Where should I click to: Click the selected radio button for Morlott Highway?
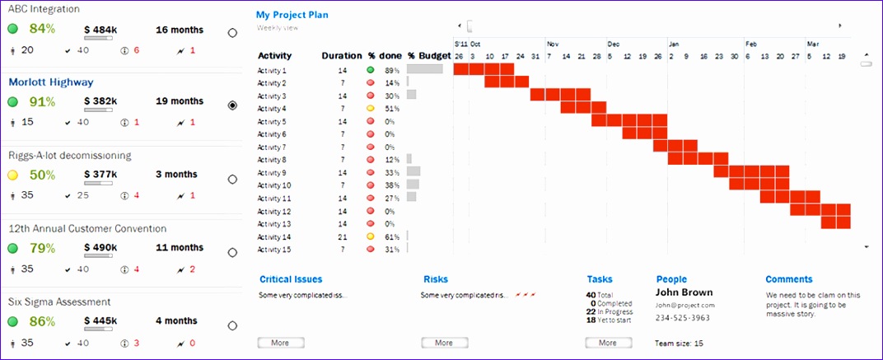click(232, 105)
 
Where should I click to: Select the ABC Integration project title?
click(44, 9)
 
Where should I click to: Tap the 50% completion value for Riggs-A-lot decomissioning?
click(42, 175)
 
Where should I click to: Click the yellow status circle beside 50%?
click(13, 175)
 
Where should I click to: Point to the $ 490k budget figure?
click(100, 247)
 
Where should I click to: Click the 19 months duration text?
click(180, 101)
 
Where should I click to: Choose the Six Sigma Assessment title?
click(59, 302)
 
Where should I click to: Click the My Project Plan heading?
click(292, 15)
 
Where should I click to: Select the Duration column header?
click(341, 56)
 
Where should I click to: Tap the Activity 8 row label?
click(273, 160)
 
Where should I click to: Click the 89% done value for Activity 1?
click(391, 71)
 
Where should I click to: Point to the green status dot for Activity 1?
click(371, 71)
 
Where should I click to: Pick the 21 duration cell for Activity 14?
click(342, 236)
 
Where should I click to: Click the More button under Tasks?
click(608, 343)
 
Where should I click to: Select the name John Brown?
click(684, 292)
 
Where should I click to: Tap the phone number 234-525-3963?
click(682, 318)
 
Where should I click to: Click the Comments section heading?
click(788, 279)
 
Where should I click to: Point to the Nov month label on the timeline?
click(553, 44)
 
